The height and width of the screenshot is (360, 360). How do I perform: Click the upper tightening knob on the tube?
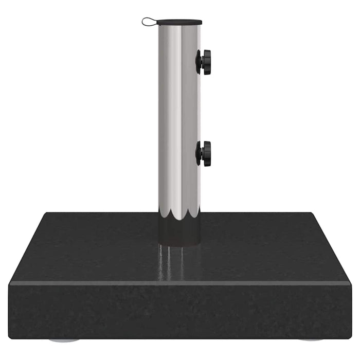206,62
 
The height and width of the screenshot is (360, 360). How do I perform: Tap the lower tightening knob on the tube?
206,154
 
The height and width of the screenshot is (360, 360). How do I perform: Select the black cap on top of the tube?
179,23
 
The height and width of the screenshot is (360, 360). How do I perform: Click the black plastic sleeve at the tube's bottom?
179,231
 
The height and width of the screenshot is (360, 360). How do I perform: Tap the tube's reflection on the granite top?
177,262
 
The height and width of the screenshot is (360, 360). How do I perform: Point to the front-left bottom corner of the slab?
10,337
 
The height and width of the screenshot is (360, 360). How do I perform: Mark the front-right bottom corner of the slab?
351,337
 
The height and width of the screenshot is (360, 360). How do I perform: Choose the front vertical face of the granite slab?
180,311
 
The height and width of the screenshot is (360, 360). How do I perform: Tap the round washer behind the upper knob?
199,62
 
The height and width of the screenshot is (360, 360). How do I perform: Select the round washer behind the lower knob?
199,154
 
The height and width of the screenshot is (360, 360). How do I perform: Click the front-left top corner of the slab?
9,282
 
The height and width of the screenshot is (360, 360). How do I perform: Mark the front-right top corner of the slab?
351,282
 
